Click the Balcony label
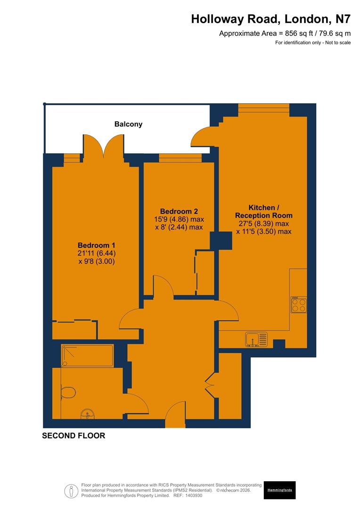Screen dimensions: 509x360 tap(128, 124)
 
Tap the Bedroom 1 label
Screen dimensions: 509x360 tap(96, 246)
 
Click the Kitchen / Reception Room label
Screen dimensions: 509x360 tap(264, 211)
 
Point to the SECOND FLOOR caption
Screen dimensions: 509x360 tap(74, 436)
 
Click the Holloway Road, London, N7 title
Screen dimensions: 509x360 tap(270, 19)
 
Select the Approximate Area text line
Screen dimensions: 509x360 tap(285, 33)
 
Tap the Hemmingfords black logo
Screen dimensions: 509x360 tap(279, 490)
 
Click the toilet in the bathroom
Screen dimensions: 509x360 tap(68, 392)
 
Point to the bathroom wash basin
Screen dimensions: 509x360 tap(88, 414)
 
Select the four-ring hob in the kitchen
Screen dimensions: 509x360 tap(299, 305)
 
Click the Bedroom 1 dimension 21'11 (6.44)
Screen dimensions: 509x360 tap(97, 254)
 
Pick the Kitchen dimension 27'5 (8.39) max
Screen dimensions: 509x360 tap(264, 224)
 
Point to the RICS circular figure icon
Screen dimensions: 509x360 tap(72, 491)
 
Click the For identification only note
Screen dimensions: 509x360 tap(313, 43)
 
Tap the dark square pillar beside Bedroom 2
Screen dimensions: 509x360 tap(221, 240)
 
